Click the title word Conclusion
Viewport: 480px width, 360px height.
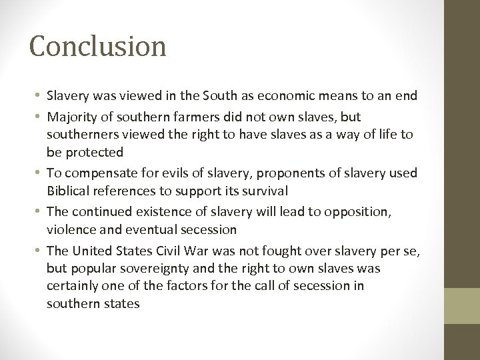pyautogui.click(x=97, y=47)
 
